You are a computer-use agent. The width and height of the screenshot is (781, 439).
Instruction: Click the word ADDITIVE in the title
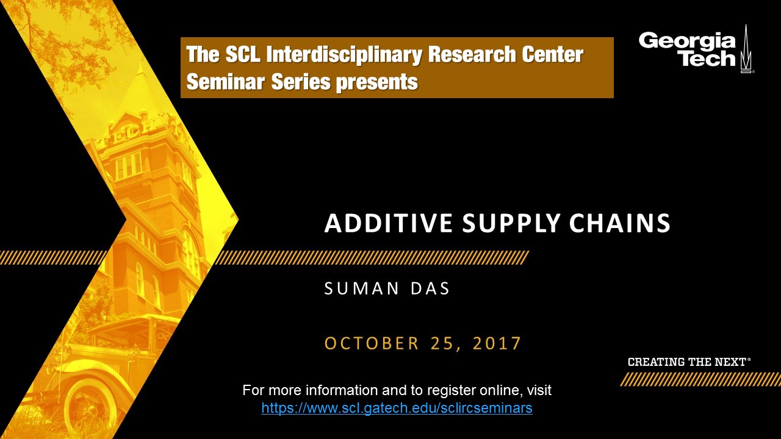click(389, 223)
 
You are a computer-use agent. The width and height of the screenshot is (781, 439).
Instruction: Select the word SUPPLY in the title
click(511, 223)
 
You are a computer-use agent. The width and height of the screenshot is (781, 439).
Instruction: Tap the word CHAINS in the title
click(619, 223)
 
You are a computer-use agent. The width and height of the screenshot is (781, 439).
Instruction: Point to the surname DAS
click(430, 288)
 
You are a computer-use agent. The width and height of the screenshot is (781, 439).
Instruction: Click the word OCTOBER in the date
click(372, 343)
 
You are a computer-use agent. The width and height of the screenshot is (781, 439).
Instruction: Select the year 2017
click(497, 343)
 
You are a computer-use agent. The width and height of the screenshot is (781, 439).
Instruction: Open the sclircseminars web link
click(397, 408)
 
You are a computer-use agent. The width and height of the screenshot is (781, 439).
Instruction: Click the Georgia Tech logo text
click(687, 49)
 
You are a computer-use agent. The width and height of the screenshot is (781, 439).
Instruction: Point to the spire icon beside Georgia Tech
click(746, 49)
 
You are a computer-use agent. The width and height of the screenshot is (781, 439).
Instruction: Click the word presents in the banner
click(376, 83)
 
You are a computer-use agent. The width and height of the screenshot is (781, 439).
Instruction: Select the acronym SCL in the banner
click(243, 54)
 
